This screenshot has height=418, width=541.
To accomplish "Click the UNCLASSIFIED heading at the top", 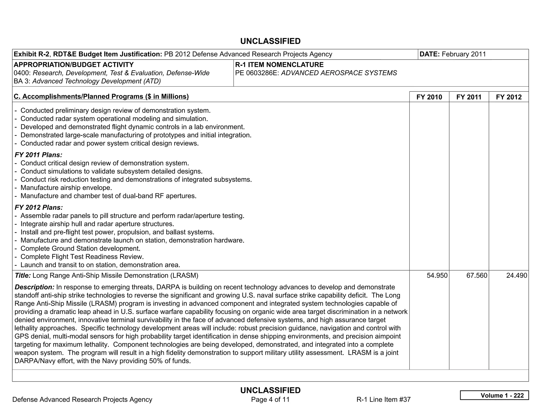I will [x=270, y=41].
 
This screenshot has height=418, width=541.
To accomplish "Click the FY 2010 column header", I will [x=429, y=97].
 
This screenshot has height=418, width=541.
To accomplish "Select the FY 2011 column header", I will [x=469, y=97].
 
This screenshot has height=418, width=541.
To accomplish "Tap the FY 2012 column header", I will [x=509, y=97].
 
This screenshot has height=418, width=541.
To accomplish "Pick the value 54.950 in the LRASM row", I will [x=437, y=276].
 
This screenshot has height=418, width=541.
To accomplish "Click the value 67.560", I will [x=477, y=276].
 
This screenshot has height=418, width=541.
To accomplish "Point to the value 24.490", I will [x=516, y=276].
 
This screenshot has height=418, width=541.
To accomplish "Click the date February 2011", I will [x=464, y=54].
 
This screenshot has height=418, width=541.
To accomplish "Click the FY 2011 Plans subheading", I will [x=38, y=155].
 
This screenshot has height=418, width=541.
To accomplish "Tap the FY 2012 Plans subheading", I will [x=39, y=207].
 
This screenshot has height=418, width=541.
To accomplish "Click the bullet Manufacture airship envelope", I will [x=66, y=188].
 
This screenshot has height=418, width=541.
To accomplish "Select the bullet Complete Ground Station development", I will [x=80, y=249].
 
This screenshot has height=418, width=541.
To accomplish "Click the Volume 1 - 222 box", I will [x=494, y=395].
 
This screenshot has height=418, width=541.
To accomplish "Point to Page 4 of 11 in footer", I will [x=270, y=400].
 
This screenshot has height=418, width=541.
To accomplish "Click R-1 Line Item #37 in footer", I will [x=383, y=400].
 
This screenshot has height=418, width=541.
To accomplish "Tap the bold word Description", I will [x=34, y=287].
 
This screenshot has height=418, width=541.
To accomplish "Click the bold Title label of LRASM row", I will [x=23, y=276].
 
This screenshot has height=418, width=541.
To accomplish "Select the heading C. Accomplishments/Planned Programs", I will [x=101, y=96].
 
